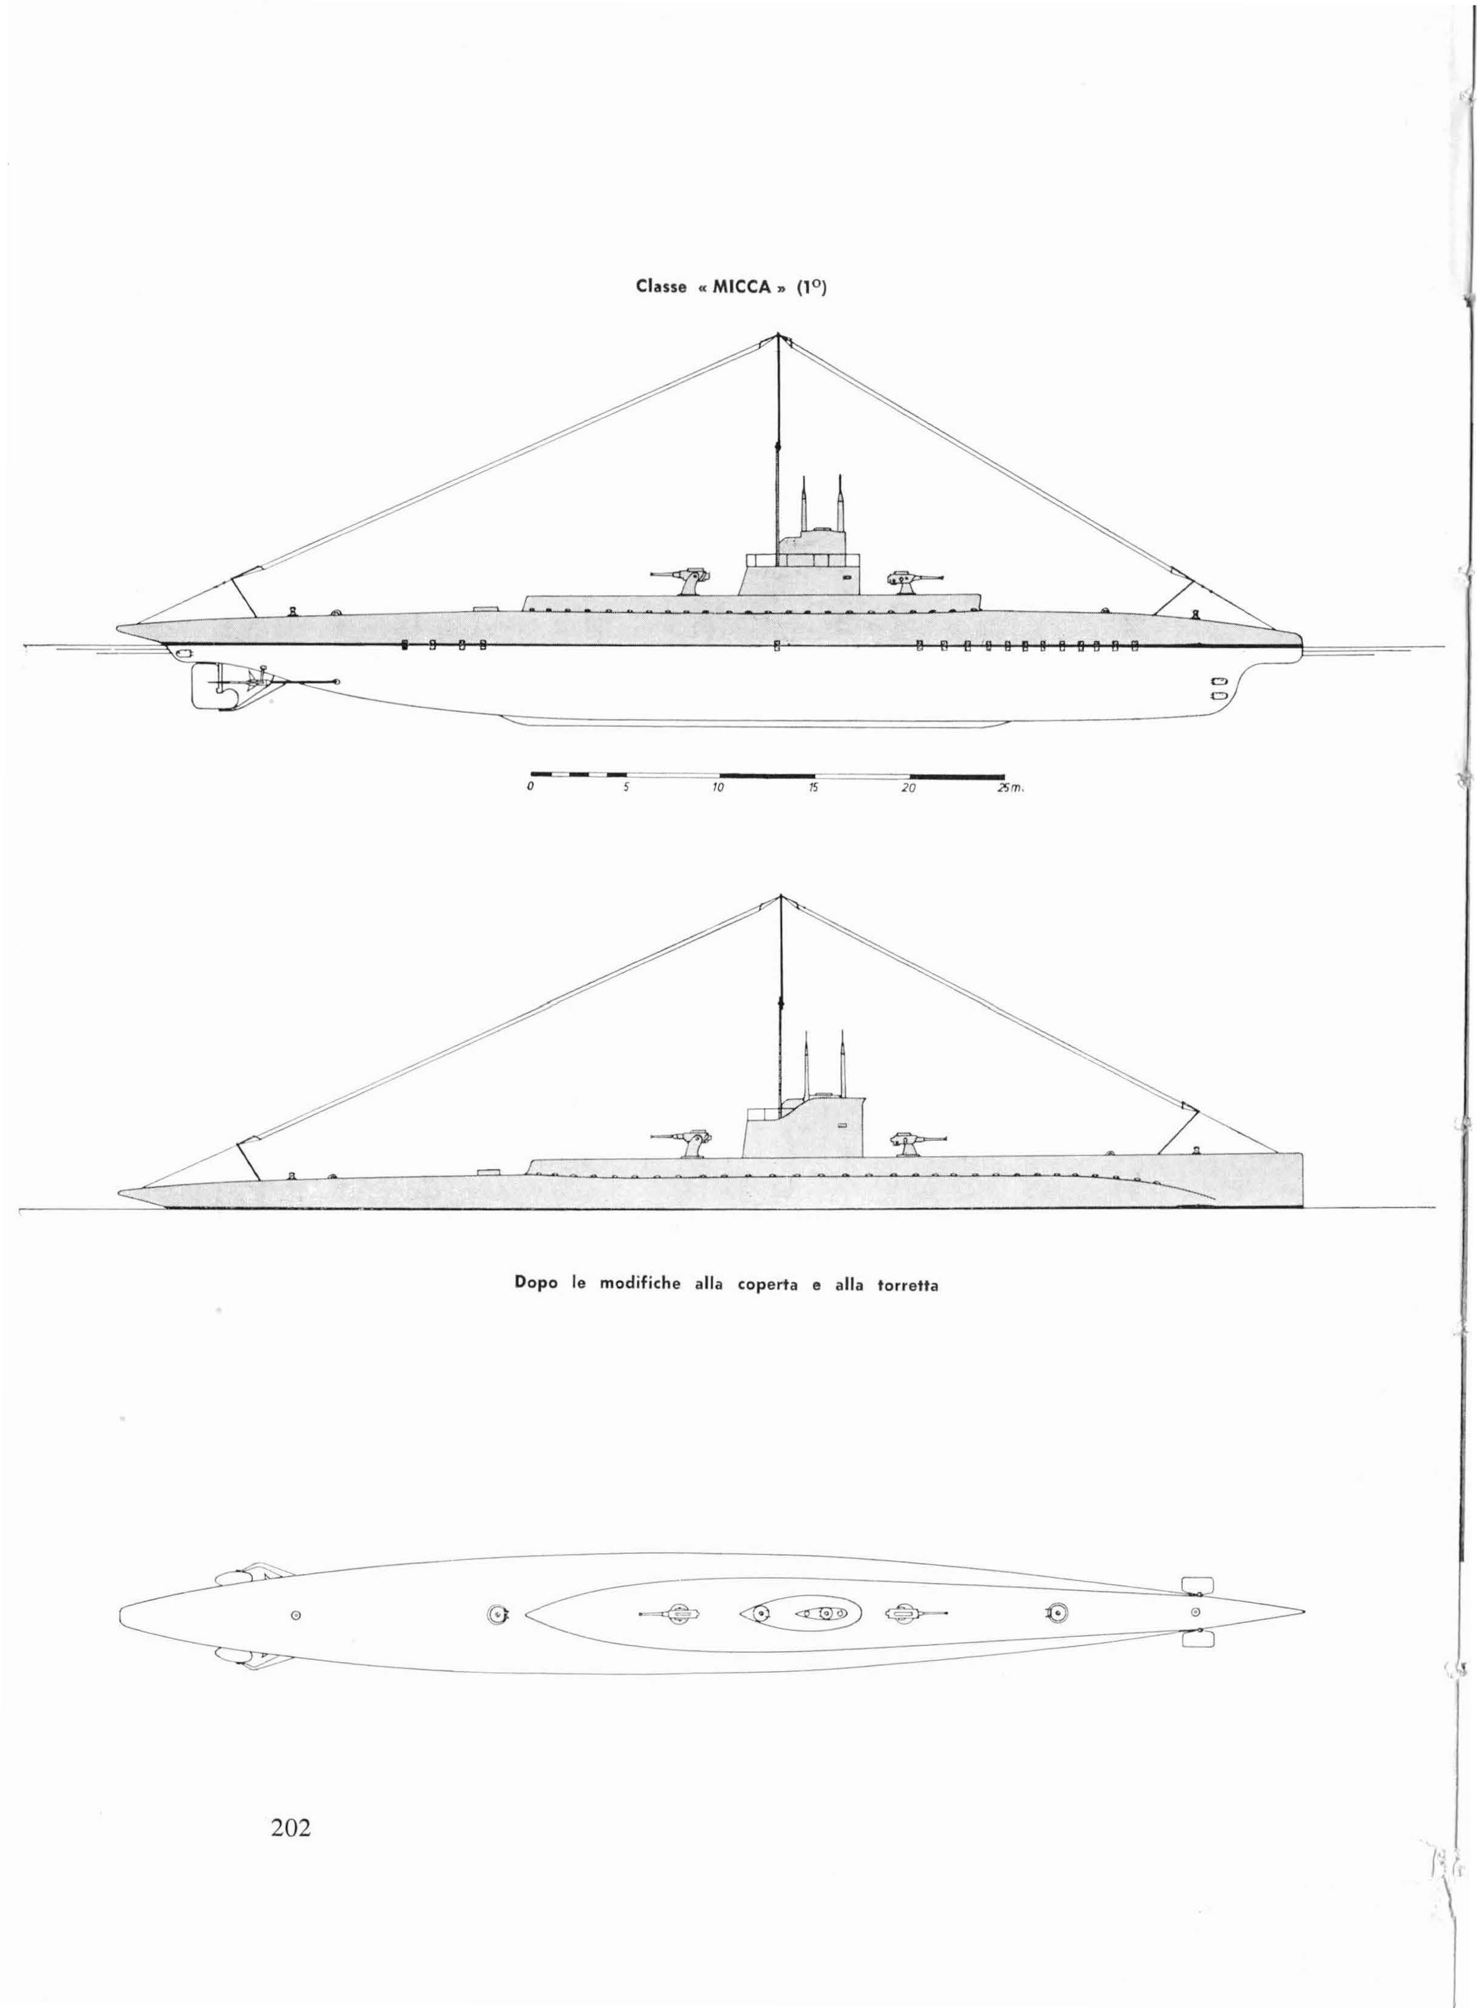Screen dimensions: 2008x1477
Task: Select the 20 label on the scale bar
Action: [908, 789]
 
